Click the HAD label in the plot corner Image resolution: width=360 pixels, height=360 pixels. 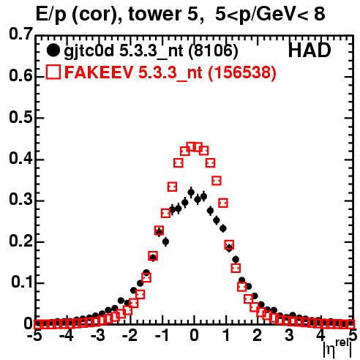[x=310, y=50]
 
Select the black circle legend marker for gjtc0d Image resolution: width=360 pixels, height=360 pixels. [x=53, y=50]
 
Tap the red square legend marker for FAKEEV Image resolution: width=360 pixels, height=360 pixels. [x=53, y=72]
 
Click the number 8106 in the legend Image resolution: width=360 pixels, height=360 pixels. [x=213, y=50]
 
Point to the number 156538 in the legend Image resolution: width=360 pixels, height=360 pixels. [x=242, y=72]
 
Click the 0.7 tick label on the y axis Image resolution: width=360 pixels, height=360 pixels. [x=20, y=34]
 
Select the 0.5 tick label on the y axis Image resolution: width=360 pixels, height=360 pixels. [x=20, y=118]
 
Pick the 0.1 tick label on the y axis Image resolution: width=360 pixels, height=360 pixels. [x=22, y=282]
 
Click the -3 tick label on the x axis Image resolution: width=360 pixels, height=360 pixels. [x=98, y=335]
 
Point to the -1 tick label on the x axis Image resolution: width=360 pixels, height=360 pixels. [x=162, y=335]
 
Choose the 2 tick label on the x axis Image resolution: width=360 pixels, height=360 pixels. [x=258, y=335]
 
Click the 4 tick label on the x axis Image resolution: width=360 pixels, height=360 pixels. [x=320, y=335]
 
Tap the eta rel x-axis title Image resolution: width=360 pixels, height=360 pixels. [x=337, y=348]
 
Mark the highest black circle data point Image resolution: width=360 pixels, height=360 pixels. [x=191, y=192]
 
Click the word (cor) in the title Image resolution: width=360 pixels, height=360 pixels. [x=97, y=15]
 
